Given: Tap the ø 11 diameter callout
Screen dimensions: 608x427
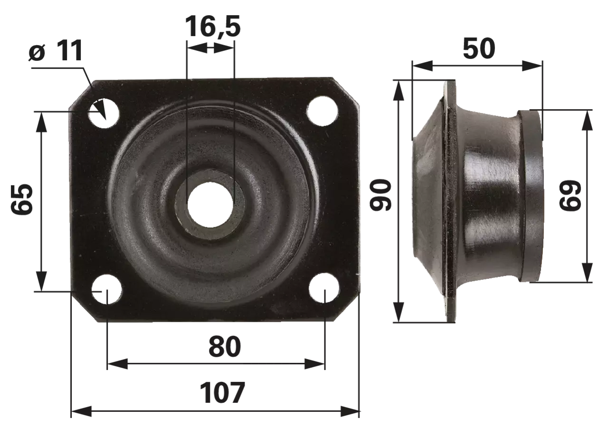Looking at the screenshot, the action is coord(56,51).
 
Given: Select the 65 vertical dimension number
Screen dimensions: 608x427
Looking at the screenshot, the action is coord(22,199).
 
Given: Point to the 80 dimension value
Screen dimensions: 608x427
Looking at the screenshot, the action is coord(225,347).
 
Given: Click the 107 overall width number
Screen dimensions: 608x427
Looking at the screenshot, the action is coord(222,393).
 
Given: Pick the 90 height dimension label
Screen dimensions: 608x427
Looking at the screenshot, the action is coord(380,195).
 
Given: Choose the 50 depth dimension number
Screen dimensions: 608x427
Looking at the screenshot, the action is coord(479,48).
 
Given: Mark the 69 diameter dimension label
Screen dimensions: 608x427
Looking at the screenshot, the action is coord(570,195).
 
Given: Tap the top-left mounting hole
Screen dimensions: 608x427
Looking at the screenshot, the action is coord(104,113).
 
